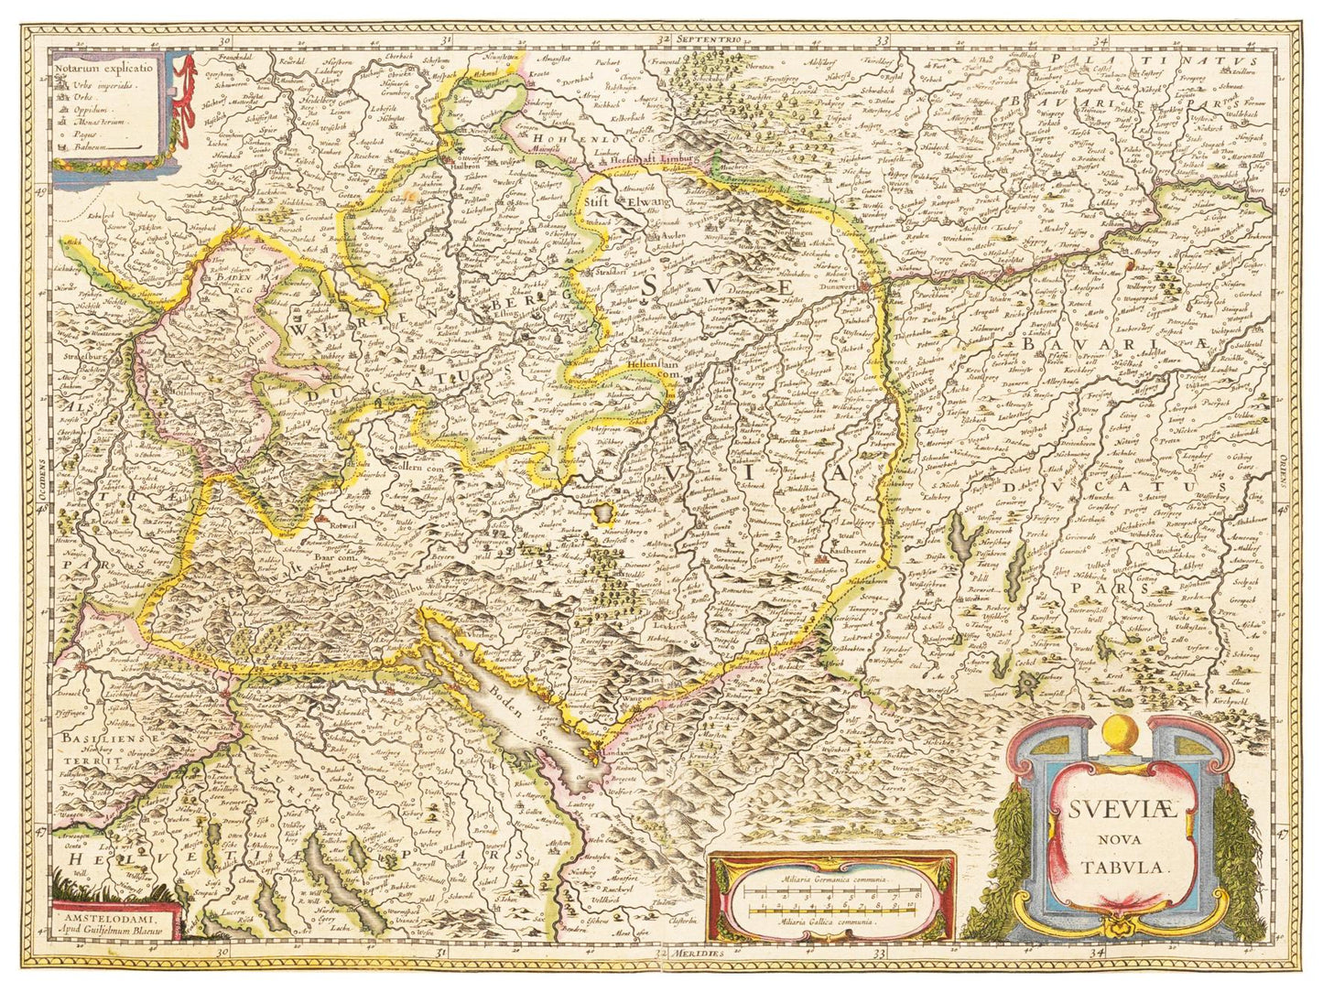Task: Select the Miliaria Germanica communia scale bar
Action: (x=831, y=891)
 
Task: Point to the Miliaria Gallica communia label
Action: (x=832, y=922)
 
